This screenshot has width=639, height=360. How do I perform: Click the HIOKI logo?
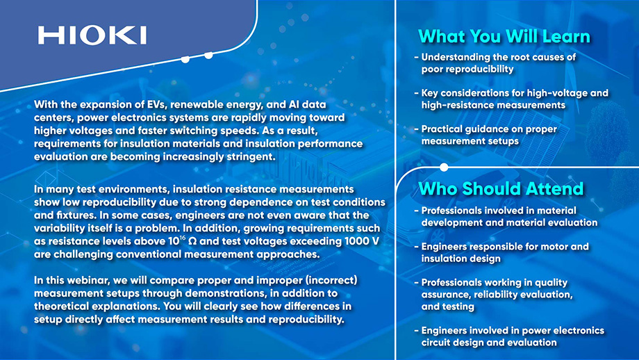click(92, 35)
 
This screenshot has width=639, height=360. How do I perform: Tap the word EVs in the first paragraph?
click(156, 104)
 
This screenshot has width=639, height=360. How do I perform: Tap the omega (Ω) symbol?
click(193, 241)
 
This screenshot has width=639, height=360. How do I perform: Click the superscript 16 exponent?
click(183, 237)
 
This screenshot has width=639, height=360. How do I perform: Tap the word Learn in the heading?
click(567, 36)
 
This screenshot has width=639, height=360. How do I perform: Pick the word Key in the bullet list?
click(429, 93)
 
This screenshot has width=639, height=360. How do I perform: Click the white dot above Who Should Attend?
click(444, 167)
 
